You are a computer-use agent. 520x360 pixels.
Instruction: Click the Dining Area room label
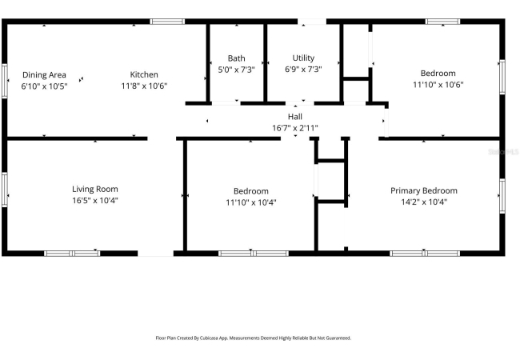(44, 75)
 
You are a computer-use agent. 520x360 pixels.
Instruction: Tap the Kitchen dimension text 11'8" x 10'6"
(144, 86)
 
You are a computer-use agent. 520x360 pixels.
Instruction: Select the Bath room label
(237, 58)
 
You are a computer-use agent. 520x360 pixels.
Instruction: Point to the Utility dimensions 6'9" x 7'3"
(303, 70)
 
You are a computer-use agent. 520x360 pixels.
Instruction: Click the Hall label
(295, 117)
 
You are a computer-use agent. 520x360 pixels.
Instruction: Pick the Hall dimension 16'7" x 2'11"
(295, 128)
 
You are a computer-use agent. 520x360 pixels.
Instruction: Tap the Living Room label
(95, 190)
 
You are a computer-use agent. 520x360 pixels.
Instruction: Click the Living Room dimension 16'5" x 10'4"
(95, 201)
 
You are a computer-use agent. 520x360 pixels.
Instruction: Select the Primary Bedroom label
(424, 191)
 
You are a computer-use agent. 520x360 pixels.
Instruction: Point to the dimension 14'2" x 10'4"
(424, 202)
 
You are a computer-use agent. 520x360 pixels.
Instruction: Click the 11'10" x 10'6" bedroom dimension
(438, 85)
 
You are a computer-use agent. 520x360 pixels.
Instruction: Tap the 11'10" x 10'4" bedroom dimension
(251, 202)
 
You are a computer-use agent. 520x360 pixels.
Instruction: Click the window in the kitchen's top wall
(167, 22)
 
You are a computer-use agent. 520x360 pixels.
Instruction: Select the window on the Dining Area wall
(5, 81)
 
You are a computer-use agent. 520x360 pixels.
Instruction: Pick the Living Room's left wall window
(5, 190)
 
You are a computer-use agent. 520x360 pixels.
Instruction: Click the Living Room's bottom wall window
(72, 254)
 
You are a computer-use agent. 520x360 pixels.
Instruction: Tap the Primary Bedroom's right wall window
(502, 195)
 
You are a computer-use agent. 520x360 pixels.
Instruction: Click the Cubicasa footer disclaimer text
(253, 338)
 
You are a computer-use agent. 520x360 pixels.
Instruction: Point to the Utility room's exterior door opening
(312, 22)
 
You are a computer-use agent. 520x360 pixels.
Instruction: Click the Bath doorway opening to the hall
(226, 103)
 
